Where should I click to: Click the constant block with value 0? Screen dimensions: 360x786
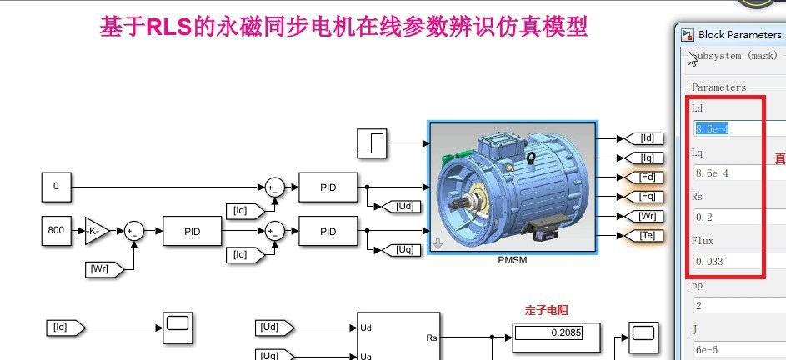(x=56, y=187)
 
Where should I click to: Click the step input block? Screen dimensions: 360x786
(x=370, y=142)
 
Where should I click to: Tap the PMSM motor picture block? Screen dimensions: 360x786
(x=511, y=187)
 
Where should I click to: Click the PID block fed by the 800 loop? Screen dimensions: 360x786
(x=193, y=230)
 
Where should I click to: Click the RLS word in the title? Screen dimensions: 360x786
(x=169, y=27)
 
